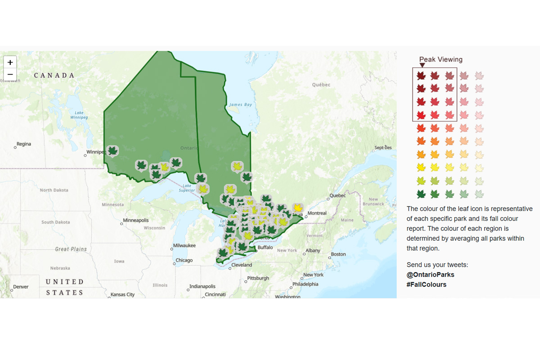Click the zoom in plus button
pos(10,63)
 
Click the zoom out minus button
pos(10,74)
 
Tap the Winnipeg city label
pos(95,152)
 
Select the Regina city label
pos(24,144)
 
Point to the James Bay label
pos(241,105)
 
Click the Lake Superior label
pos(187,188)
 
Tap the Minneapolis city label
pos(136,221)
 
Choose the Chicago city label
pos(184,261)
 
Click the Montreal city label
pos(317,213)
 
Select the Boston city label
pos(338,254)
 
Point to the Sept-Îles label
pos(383,148)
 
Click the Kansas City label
pos(122,295)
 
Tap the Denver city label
pos(21,287)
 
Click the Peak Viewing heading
pos(441,59)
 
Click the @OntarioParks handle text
pos(430,274)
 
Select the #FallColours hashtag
pos(426,284)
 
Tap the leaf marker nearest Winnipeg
pos(112,151)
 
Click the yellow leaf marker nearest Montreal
pos(297,207)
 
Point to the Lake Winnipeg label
pos(79,115)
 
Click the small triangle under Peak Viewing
pos(422,65)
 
